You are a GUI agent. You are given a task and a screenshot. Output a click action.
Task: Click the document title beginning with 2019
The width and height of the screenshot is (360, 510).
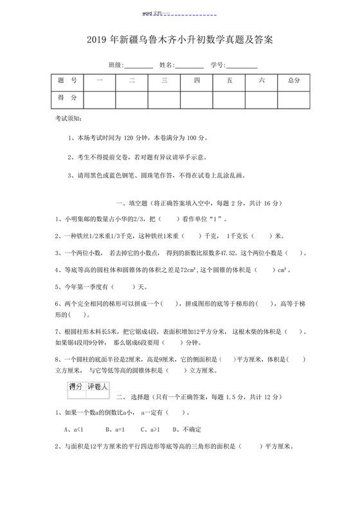click(179, 40)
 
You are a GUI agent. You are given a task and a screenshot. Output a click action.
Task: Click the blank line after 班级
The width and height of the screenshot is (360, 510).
click(138, 66)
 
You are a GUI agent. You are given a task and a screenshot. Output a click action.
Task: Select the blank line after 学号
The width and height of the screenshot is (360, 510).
click(242, 66)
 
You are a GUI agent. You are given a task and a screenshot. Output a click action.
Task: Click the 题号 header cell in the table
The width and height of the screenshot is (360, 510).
click(67, 80)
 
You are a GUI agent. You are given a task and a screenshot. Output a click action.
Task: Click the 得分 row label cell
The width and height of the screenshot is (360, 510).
click(67, 98)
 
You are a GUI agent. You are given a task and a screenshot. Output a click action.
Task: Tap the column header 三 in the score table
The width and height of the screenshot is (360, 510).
click(165, 80)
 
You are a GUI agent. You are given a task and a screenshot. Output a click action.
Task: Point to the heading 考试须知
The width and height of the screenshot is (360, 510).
click(69, 120)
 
